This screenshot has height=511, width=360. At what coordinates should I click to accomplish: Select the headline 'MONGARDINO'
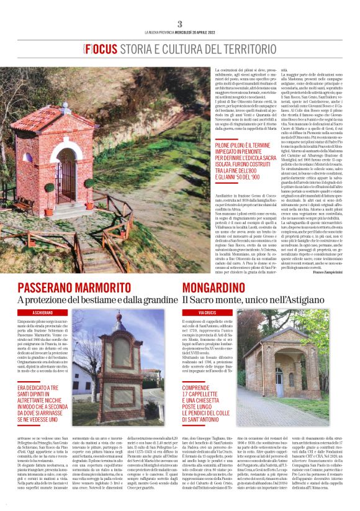pyautogui.click(x=223, y=288)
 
